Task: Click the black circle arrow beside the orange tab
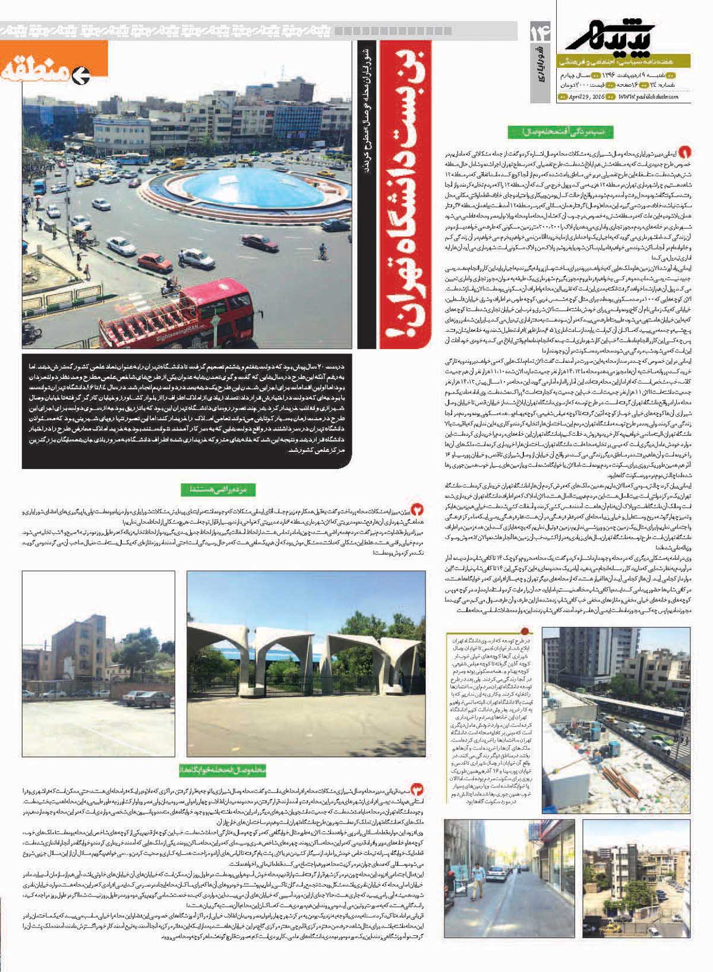pos(80,75)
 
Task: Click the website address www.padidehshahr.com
pos(648,97)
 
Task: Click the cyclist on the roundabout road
pos(323,253)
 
